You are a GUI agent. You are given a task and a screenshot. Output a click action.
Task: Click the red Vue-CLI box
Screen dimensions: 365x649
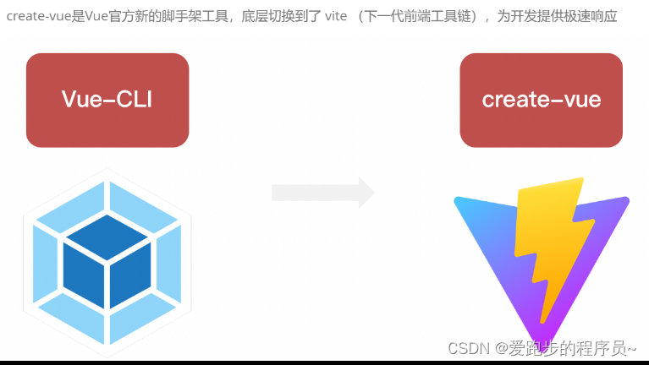point(107,100)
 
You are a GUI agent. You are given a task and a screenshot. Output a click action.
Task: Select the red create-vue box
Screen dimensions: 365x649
point(542,100)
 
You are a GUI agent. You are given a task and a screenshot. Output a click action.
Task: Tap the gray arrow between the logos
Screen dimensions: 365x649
point(322,193)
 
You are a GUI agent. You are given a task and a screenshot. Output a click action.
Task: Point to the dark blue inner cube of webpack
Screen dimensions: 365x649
point(107,261)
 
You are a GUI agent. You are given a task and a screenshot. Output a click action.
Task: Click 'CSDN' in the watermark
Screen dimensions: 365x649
point(464,348)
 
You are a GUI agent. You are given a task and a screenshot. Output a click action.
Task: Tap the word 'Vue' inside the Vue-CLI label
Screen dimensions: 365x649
point(82,100)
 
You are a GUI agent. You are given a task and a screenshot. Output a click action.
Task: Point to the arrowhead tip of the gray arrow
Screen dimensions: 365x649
point(372,193)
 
